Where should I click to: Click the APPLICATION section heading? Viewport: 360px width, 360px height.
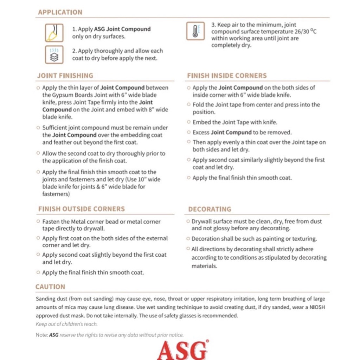coord(60,12)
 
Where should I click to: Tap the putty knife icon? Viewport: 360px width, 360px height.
coord(54,33)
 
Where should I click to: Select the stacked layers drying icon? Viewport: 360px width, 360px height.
coord(54,54)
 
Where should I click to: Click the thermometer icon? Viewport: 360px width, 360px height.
coord(195,32)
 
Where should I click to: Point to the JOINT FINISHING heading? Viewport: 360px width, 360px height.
coord(65,76)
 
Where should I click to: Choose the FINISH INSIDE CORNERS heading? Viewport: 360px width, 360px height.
coord(227,76)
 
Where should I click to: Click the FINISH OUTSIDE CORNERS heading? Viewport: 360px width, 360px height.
coord(81,209)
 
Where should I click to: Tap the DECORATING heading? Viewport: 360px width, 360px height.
coord(210,209)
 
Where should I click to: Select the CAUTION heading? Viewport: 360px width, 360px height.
coord(50,287)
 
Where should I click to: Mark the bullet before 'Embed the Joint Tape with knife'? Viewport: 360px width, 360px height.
coord(189,122)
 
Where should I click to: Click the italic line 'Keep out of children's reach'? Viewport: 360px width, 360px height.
coord(66,324)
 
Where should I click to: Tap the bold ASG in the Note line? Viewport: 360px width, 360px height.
coord(53,335)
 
